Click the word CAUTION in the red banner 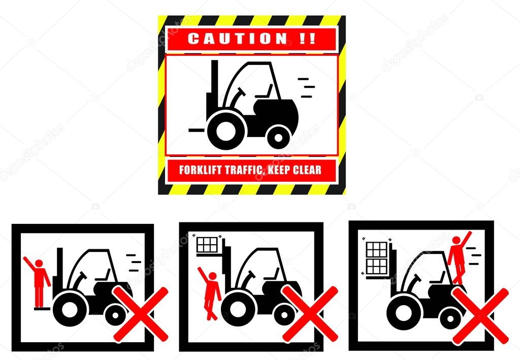[238, 39]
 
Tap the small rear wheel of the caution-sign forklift [278, 137]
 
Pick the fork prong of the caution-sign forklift [198, 130]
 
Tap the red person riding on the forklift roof [459, 257]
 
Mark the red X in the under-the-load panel [310, 314]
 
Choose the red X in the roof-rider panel [480, 316]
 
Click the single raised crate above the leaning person [207, 245]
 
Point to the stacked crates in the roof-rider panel [377, 258]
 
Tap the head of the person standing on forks [39, 264]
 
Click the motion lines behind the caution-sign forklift [306, 88]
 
